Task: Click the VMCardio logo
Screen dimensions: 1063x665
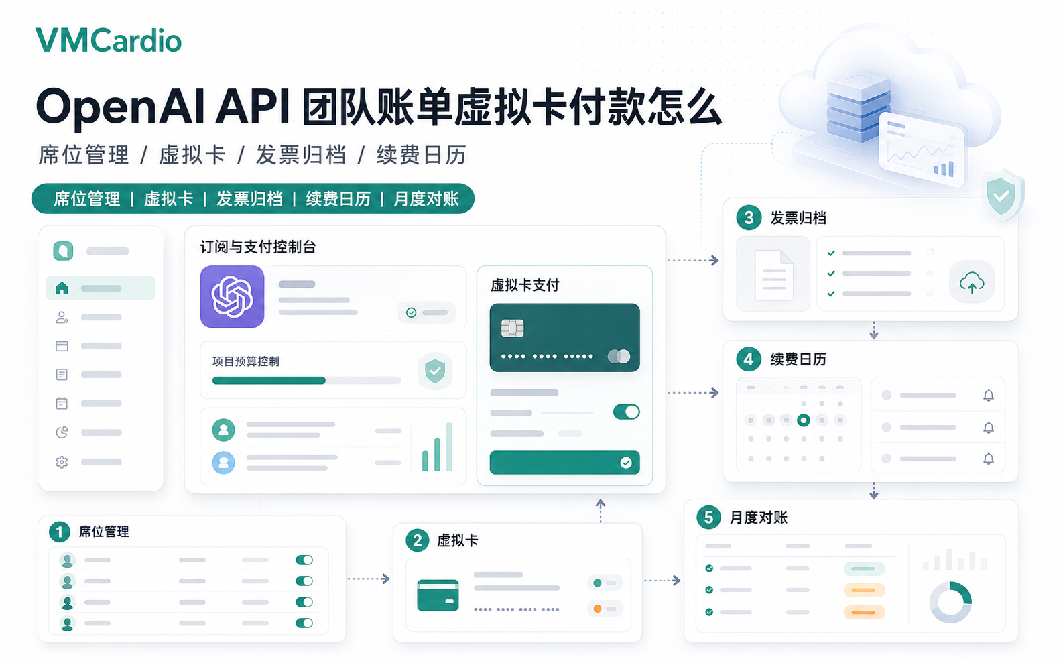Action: pyautogui.click(x=109, y=40)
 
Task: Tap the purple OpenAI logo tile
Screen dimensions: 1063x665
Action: pyautogui.click(x=232, y=297)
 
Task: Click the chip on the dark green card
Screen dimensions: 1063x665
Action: pyautogui.click(x=513, y=328)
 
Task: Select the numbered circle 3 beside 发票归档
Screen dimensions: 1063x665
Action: pyautogui.click(x=749, y=218)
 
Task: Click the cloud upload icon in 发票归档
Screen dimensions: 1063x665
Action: pyautogui.click(x=971, y=282)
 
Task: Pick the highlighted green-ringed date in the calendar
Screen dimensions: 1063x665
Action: pyautogui.click(x=804, y=420)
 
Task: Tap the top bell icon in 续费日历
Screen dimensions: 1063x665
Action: pyautogui.click(x=989, y=396)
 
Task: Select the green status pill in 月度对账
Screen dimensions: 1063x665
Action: pyautogui.click(x=864, y=568)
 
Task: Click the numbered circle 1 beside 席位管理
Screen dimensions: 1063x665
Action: pyautogui.click(x=60, y=532)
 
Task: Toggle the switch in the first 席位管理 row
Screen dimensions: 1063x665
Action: pyautogui.click(x=304, y=560)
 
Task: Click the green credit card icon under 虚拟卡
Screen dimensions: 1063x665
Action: pyautogui.click(x=438, y=595)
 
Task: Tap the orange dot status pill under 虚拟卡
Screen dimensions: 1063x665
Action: pyautogui.click(x=605, y=609)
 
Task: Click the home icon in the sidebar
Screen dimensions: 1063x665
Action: pyautogui.click(x=62, y=288)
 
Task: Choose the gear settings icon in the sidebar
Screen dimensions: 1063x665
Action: pyautogui.click(x=62, y=462)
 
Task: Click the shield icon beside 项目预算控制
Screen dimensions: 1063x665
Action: pyautogui.click(x=435, y=371)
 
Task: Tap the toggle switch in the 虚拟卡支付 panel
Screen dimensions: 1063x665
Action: pyautogui.click(x=627, y=412)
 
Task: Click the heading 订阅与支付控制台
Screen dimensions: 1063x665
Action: pyautogui.click(x=258, y=247)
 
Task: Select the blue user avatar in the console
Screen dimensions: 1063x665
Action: pyautogui.click(x=223, y=463)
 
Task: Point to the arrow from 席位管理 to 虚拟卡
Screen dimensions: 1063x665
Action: pyautogui.click(x=369, y=579)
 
